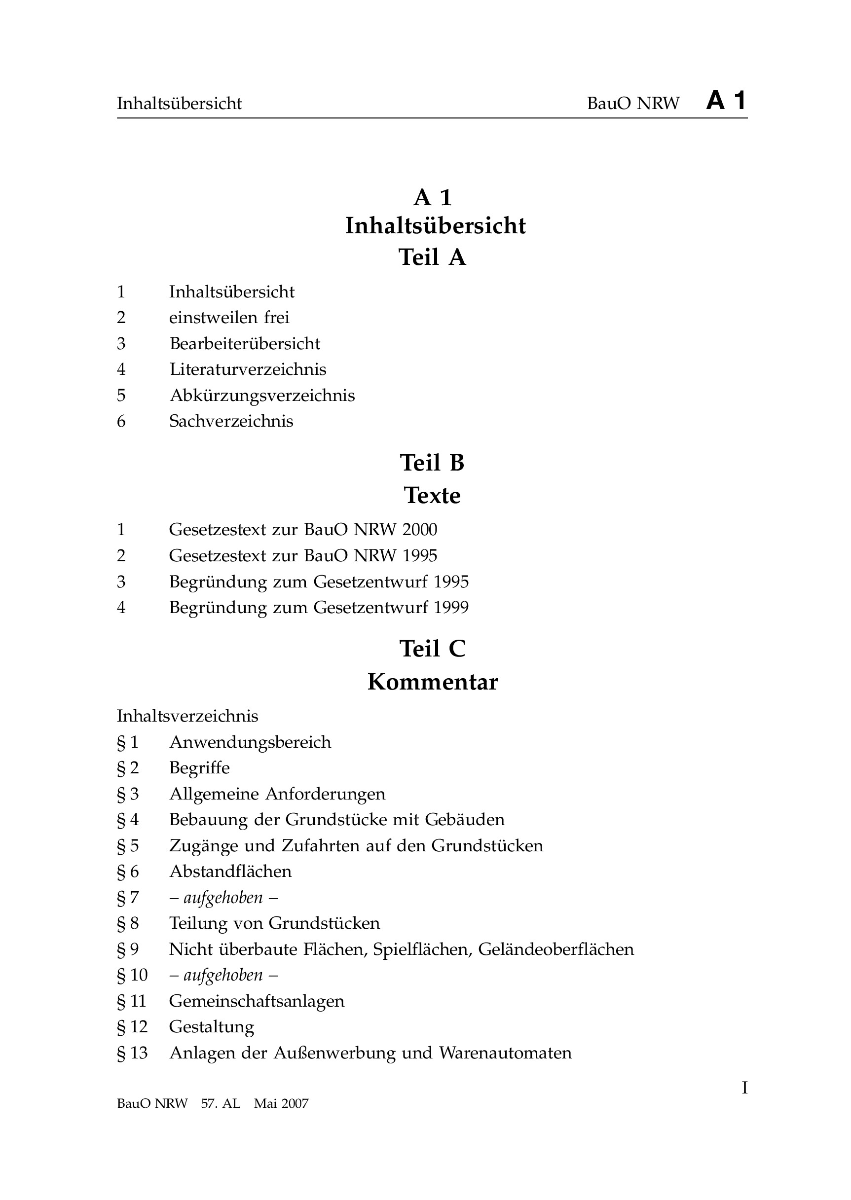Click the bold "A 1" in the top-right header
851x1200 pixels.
point(726,101)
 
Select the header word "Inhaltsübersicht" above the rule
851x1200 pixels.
point(179,104)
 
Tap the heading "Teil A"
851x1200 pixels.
point(432,257)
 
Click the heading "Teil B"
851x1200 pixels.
point(432,463)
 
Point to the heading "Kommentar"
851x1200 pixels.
point(432,682)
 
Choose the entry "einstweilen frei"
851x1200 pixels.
point(229,318)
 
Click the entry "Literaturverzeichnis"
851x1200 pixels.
point(248,369)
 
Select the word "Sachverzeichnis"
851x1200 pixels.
point(231,421)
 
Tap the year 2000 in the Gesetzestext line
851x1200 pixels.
point(420,530)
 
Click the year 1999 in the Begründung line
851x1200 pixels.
point(451,608)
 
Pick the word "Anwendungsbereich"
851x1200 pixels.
point(251,742)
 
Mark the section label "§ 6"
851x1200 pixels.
point(128,872)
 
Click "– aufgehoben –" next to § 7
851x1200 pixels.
point(223,898)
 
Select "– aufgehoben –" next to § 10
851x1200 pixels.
point(223,975)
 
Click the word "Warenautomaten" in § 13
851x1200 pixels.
point(506,1053)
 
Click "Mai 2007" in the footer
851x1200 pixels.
point(281,1104)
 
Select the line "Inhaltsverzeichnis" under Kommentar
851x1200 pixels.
point(187,716)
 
